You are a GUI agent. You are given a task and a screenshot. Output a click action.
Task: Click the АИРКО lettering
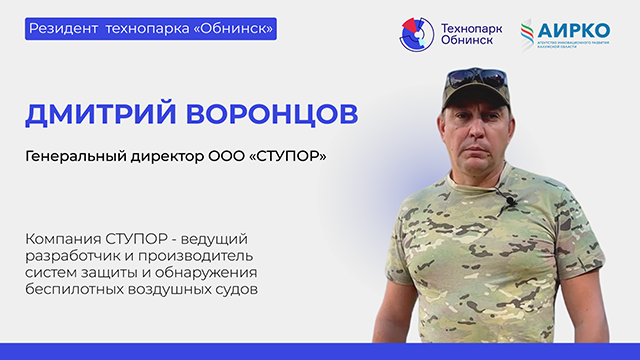click(x=576, y=29)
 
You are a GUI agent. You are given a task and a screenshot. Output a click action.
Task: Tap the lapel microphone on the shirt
click(x=509, y=202)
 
